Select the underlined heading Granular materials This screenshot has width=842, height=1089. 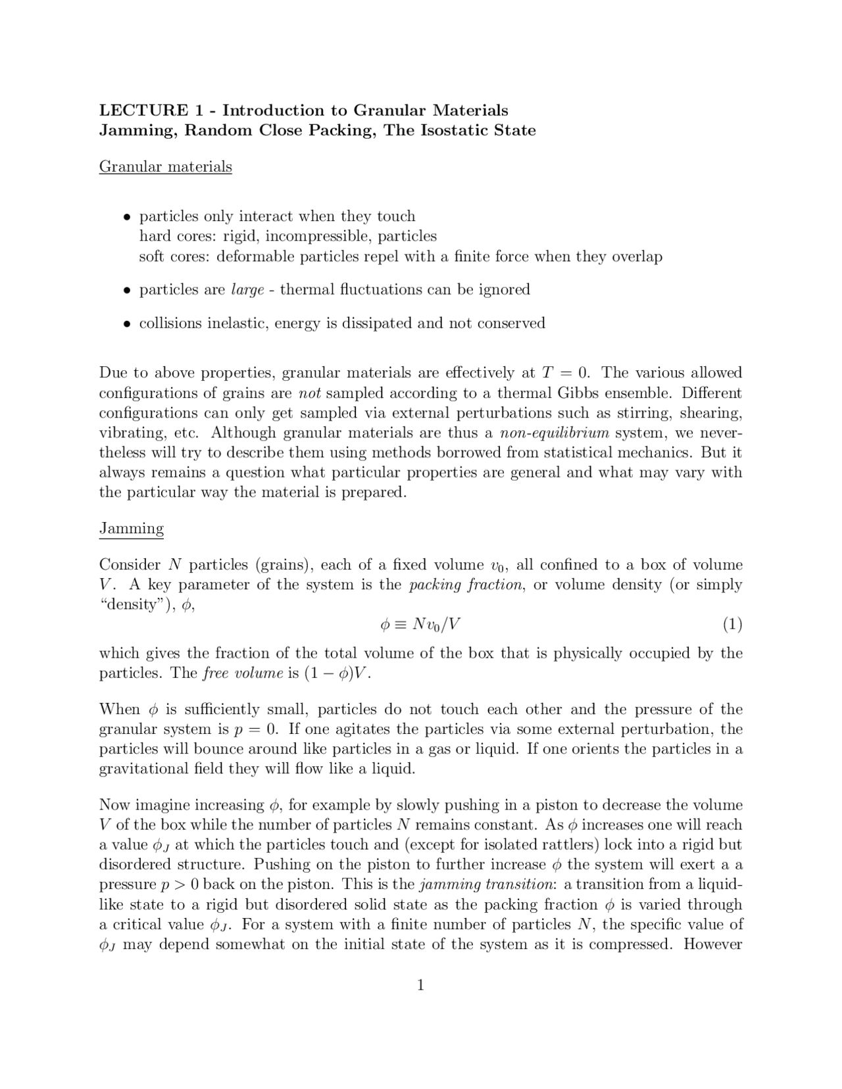click(x=165, y=166)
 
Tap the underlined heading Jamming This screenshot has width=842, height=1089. click(x=132, y=528)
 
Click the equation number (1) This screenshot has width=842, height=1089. click(x=732, y=624)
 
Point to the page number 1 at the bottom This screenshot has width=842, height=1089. click(x=420, y=984)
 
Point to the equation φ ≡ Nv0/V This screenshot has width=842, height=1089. click(x=420, y=624)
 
